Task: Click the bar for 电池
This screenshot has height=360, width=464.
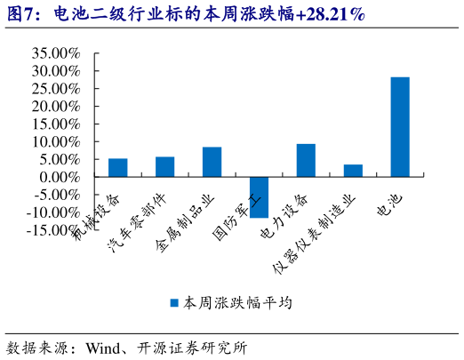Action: pos(400,126)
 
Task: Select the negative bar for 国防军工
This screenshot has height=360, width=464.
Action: pos(260,196)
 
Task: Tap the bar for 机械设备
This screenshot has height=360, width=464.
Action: pos(118,167)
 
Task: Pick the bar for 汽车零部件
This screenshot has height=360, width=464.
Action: pos(165,166)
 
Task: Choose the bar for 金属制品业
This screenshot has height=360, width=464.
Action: pos(212,162)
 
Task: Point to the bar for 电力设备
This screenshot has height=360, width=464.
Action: pos(306,160)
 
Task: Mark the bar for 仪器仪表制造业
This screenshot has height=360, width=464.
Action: pos(353,170)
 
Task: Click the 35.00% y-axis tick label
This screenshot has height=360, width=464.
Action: pos(55,53)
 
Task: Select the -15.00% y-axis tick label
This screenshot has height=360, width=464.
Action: pos(53,229)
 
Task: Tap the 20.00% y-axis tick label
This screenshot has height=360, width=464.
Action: pos(55,107)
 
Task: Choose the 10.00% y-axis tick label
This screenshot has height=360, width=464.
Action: pos(55,141)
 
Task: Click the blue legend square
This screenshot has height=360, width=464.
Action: pos(174,303)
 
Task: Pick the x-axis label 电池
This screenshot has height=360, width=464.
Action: pos(391,206)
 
